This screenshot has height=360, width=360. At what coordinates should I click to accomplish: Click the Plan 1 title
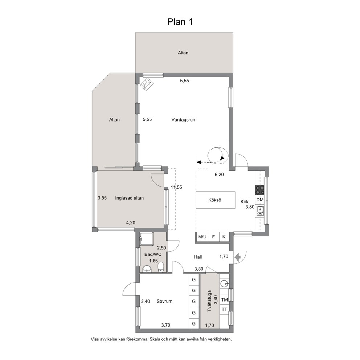point(180,22)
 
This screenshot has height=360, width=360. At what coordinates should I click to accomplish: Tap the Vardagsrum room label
point(184,120)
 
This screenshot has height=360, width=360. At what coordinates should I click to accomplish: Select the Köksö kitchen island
point(215,200)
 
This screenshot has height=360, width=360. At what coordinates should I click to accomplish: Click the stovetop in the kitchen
point(260,190)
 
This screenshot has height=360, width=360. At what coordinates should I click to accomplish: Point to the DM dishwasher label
point(260,200)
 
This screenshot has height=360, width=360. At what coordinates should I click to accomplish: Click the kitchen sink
point(260,211)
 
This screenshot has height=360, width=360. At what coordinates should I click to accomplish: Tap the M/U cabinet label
point(202,237)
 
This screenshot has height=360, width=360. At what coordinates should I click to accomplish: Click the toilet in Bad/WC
point(161,267)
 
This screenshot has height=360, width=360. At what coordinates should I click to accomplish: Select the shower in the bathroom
point(146,239)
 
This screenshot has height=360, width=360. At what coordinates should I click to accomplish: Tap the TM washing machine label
point(224,300)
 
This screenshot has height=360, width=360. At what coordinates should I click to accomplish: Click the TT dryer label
point(224,310)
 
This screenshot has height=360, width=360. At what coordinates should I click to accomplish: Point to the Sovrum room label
point(164,301)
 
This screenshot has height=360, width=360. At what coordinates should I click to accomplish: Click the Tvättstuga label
point(209,301)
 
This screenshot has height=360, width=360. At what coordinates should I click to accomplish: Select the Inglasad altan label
point(130,198)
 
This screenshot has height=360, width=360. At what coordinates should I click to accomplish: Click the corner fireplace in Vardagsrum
point(146,83)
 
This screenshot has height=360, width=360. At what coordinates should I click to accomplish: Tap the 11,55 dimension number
point(176,187)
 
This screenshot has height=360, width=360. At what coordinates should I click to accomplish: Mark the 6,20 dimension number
point(219,175)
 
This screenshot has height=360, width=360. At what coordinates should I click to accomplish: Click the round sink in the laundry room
point(224,284)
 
